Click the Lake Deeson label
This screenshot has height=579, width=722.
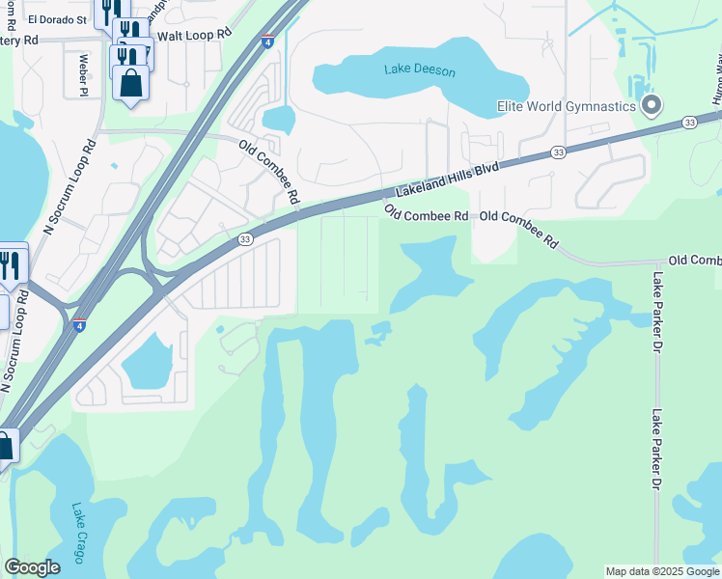point(419,70)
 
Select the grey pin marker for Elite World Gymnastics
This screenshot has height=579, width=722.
point(652,104)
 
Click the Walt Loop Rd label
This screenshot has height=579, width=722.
point(195,33)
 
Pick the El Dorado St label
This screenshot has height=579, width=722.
point(57,18)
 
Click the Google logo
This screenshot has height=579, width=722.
point(32,567)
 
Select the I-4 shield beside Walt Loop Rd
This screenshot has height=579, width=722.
point(266,42)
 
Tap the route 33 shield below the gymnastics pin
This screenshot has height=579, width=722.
point(688,122)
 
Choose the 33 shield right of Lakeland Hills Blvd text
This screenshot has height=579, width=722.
point(558,152)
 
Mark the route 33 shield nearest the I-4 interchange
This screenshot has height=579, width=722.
point(245,239)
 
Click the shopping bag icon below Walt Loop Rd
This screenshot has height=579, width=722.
point(130,82)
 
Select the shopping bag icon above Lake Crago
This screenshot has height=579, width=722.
point(4,447)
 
